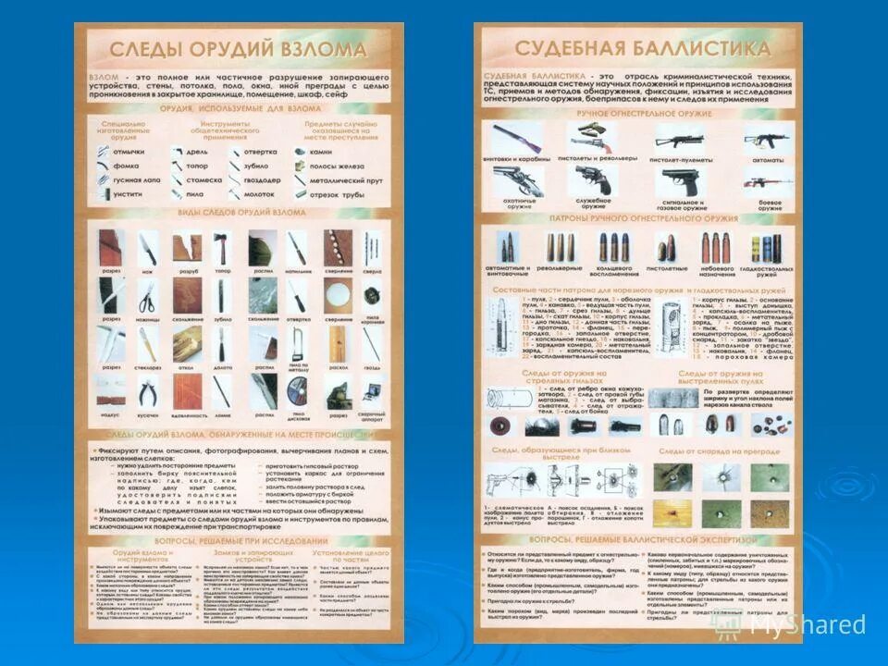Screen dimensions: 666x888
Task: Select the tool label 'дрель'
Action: pyautogui.click(x=197, y=151)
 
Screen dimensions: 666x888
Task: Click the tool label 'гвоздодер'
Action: pyautogui.click(x=263, y=180)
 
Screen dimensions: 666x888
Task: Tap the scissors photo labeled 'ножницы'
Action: pyautogui.click(x=147, y=297)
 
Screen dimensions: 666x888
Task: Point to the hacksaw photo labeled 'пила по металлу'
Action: pyautogui.click(x=297, y=343)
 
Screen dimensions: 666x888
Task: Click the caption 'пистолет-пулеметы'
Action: pyautogui.click(x=679, y=158)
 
